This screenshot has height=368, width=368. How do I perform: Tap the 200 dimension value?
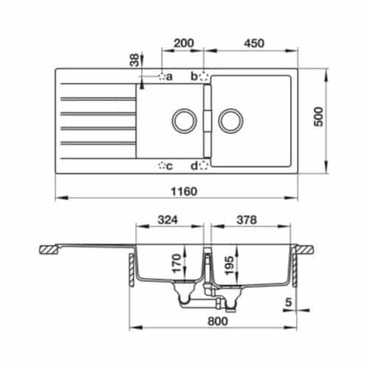[184, 43]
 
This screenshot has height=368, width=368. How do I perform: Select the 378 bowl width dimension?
[252, 219]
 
